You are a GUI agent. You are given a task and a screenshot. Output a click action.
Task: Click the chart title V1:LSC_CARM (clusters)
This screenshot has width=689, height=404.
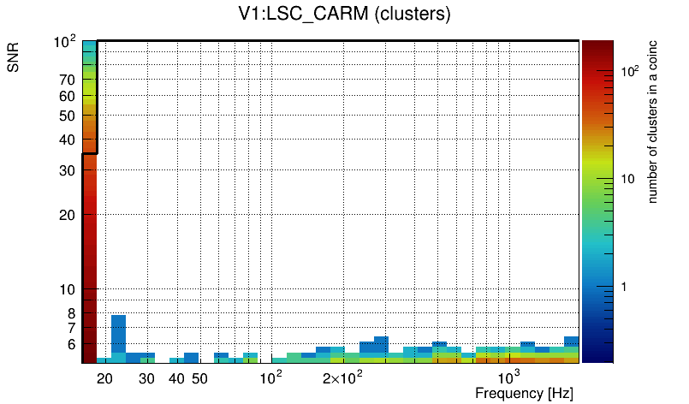pyautogui.click(x=344, y=15)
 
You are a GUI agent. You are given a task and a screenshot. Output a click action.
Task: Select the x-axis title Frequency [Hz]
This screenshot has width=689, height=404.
pyautogui.click(x=524, y=393)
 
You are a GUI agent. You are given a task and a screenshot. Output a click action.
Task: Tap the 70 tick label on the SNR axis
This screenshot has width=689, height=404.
pyautogui.click(x=68, y=80)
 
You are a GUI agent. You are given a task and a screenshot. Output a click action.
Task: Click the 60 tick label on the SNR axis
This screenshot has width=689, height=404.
pyautogui.click(x=68, y=97)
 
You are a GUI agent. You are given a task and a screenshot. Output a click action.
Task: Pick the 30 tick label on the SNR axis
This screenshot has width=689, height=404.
pyautogui.click(x=68, y=170)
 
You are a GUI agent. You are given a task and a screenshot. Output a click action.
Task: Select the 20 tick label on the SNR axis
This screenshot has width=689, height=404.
pyautogui.click(x=68, y=215)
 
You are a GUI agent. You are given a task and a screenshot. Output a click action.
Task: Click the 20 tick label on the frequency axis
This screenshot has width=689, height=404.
pyautogui.click(x=105, y=378)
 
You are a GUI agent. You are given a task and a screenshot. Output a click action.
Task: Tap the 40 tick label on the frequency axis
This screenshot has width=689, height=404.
pyautogui.click(x=176, y=378)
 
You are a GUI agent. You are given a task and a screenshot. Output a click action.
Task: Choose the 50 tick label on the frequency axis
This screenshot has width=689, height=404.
pyautogui.click(x=199, y=378)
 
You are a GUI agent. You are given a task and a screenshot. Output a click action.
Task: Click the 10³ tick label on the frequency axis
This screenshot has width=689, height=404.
pyautogui.click(x=510, y=377)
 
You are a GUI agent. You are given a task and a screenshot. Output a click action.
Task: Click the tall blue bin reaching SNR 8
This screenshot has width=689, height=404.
pyautogui.click(x=118, y=334)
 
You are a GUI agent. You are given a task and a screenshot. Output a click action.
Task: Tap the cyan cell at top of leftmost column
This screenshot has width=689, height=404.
pyautogui.click(x=89, y=51)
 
